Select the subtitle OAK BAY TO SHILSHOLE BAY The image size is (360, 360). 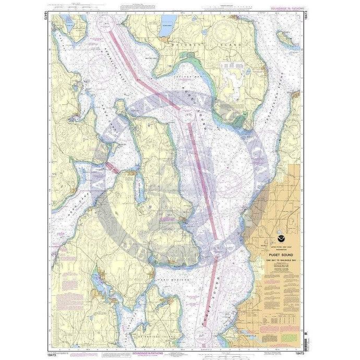pos(274,256)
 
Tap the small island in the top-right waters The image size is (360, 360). pos(287,38)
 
